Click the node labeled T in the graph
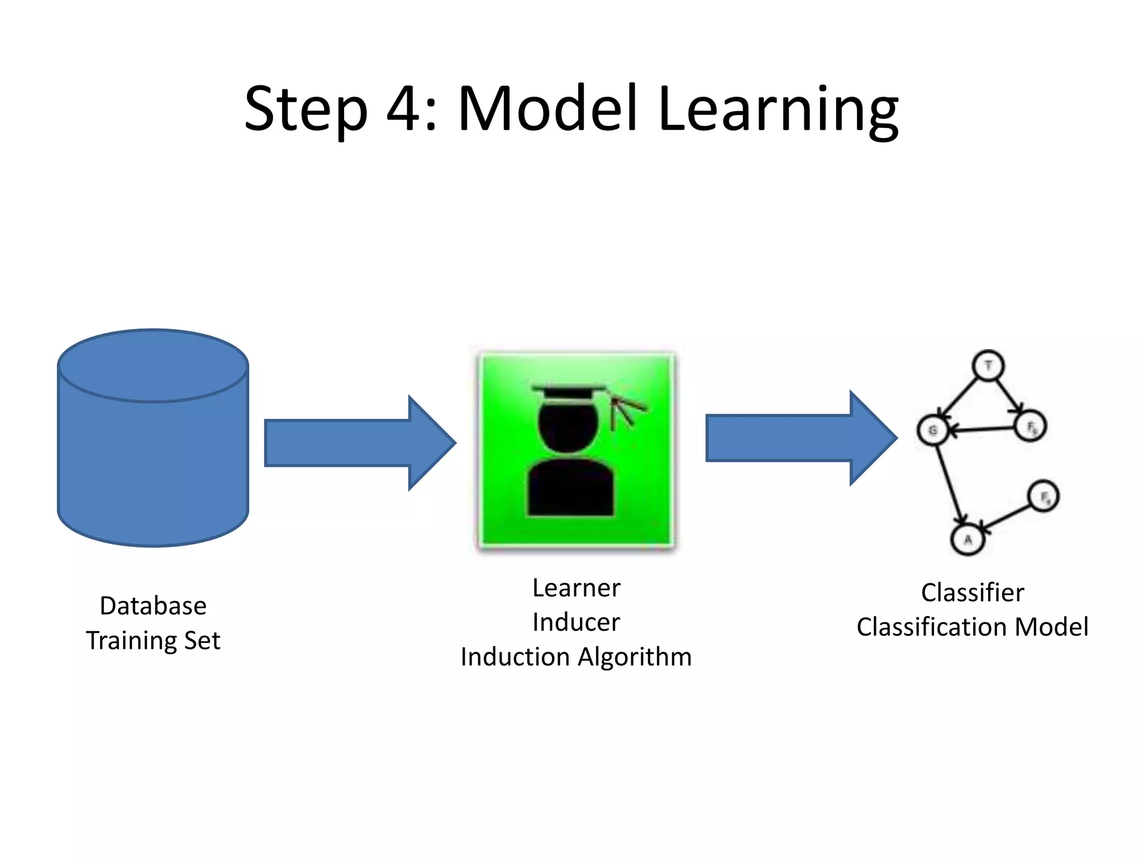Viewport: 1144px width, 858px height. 988,366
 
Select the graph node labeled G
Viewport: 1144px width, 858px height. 932,430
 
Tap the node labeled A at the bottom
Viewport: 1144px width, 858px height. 967,540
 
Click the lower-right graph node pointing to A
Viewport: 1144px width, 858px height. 1043,496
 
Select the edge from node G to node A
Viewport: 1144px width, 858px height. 949,484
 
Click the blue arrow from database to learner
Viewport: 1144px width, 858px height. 357,443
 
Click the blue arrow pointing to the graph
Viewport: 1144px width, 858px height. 799,438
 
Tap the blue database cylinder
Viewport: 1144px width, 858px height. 153,447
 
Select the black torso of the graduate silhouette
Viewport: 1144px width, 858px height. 570,489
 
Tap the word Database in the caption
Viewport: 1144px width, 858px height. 153,606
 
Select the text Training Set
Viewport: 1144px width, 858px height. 153,641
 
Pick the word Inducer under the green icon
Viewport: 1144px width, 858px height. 576,622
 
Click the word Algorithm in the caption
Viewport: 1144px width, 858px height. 635,657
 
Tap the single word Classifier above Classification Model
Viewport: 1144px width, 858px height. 972,593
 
